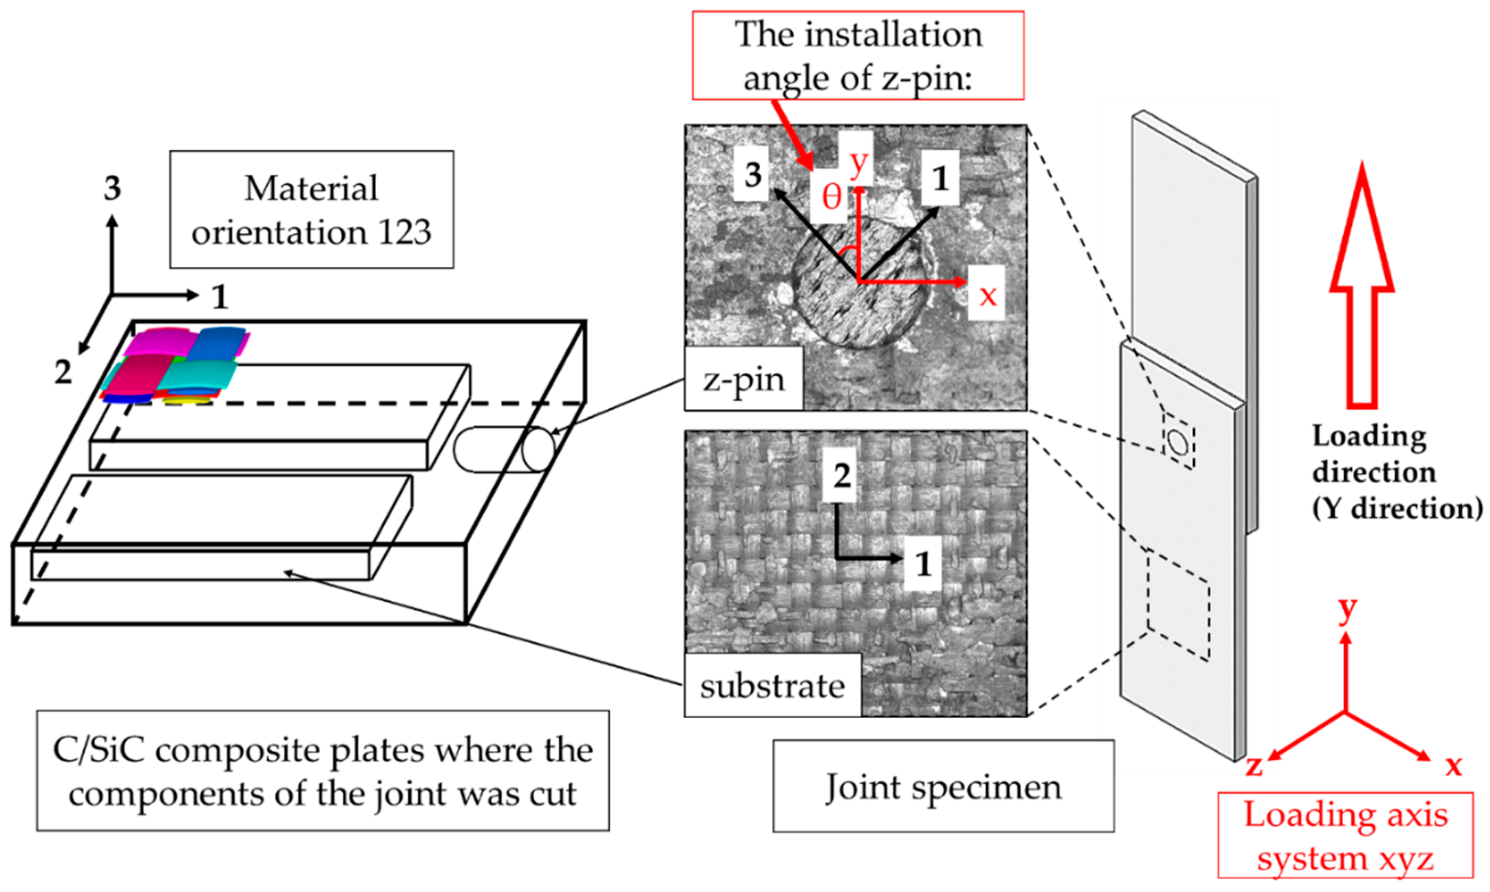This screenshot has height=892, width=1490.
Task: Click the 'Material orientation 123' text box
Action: point(311,209)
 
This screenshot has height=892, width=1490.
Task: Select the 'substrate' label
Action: point(772,686)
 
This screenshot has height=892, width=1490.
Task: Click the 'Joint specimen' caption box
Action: point(943,786)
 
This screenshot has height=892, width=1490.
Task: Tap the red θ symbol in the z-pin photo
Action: point(831,197)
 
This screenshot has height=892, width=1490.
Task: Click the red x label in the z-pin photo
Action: point(987,294)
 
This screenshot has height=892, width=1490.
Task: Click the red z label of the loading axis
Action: point(1253,766)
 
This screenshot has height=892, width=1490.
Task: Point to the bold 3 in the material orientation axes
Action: point(112,188)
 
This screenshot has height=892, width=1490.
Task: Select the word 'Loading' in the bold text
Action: point(1368,436)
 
